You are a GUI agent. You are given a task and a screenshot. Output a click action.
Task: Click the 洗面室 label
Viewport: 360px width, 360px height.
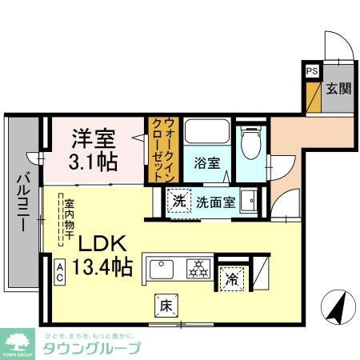[x=215, y=202]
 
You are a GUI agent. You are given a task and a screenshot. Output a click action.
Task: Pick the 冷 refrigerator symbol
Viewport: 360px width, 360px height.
[x=231, y=280]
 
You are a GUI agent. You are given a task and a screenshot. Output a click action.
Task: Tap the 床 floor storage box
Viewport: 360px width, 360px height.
[x=162, y=305]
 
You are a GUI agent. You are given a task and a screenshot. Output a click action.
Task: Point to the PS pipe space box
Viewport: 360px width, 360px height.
[x=310, y=70]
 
